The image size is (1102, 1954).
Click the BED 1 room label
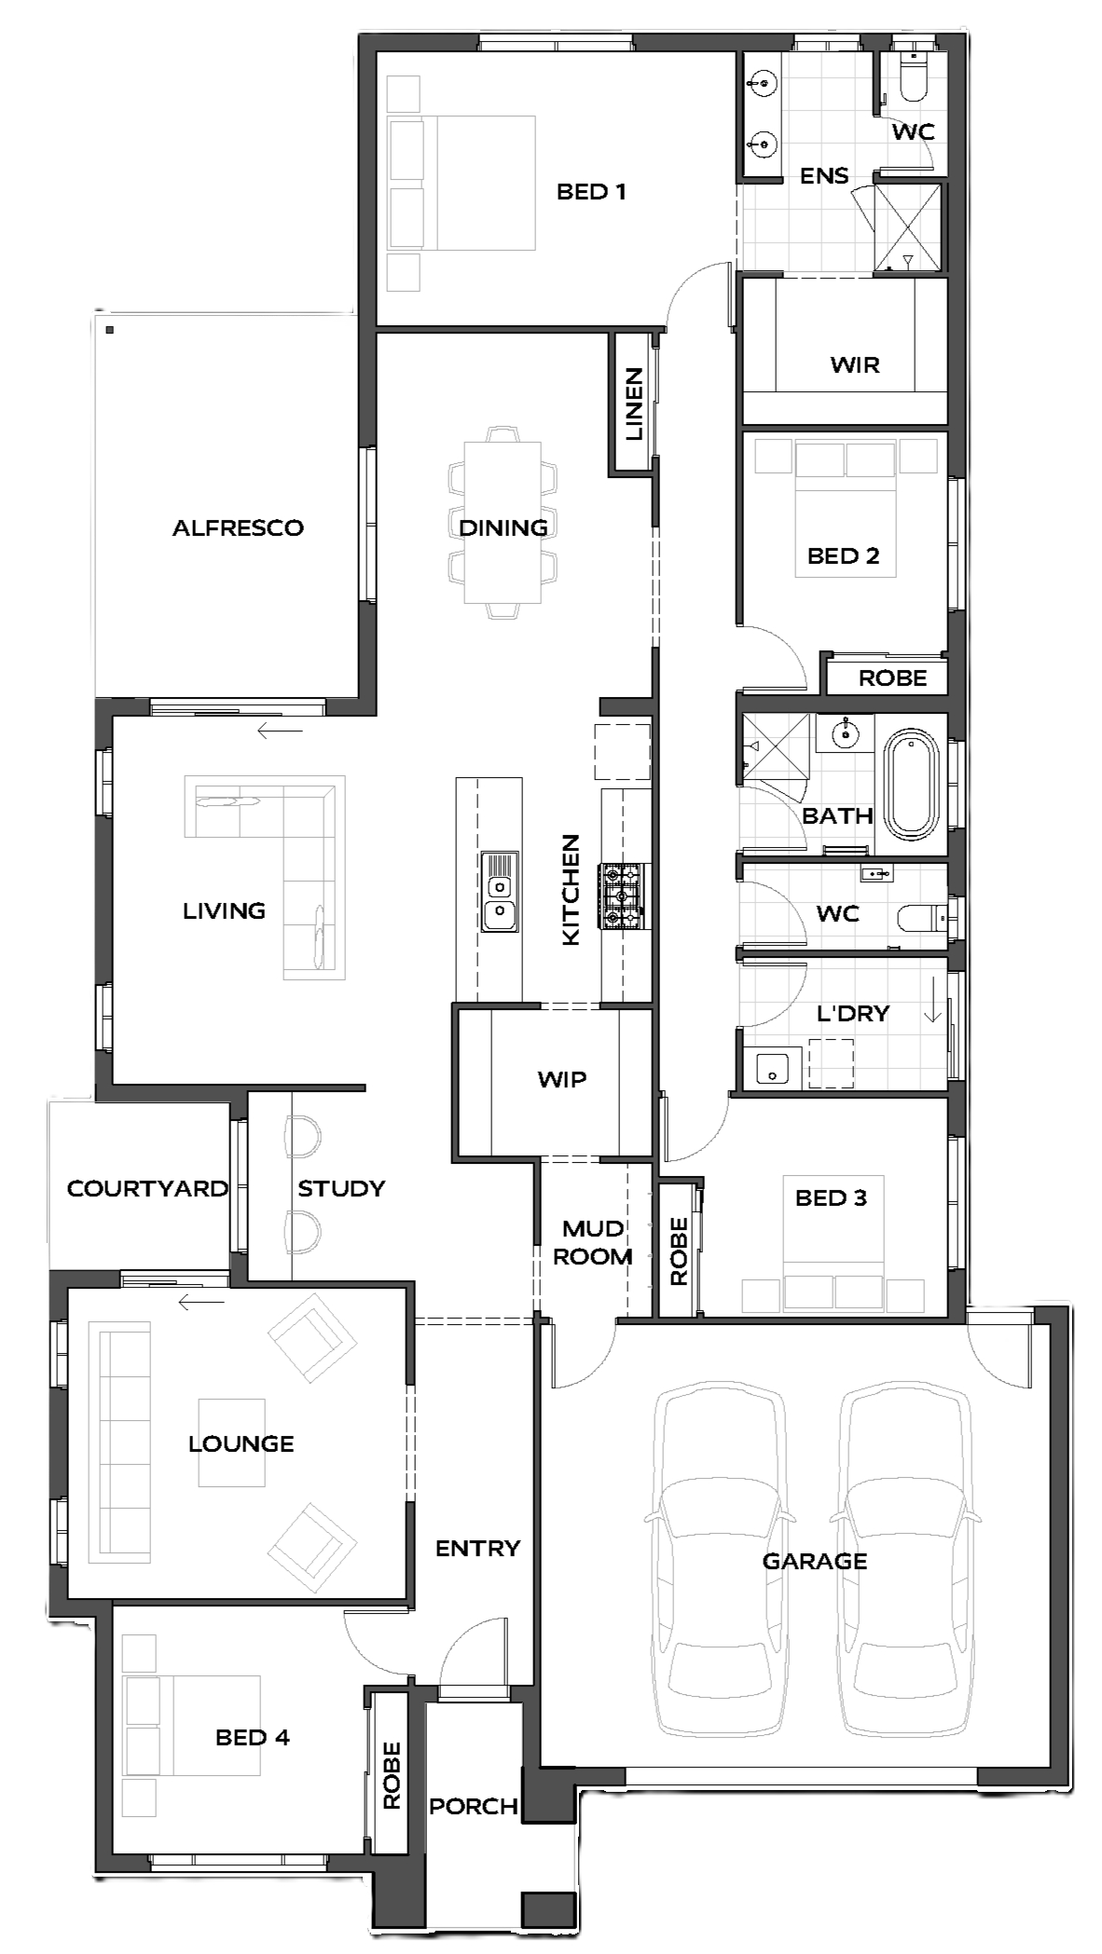pyautogui.click(x=590, y=192)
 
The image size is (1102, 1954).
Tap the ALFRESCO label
pyautogui.click(x=238, y=528)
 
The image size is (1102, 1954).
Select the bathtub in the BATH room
pyautogui.click(x=911, y=785)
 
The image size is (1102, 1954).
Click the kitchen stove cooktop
pyautogui.click(x=622, y=896)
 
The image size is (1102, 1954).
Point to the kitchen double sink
pyautogui.click(x=499, y=892)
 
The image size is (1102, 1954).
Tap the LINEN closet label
pyautogui.click(x=634, y=403)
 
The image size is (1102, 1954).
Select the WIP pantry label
pyautogui.click(x=561, y=1080)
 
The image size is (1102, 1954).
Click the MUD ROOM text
pyautogui.click(x=593, y=1242)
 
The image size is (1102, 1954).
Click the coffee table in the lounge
pyautogui.click(x=232, y=1442)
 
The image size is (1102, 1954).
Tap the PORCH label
pyautogui.click(x=473, y=1807)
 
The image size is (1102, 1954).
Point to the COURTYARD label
pyautogui.click(x=147, y=1189)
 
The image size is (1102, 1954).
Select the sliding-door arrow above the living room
pyautogui.click(x=280, y=731)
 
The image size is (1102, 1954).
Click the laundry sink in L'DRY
pyautogui.click(x=772, y=1068)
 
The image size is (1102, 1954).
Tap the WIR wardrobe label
pyautogui.click(x=854, y=364)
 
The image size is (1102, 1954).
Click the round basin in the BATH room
pyautogui.click(x=845, y=733)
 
